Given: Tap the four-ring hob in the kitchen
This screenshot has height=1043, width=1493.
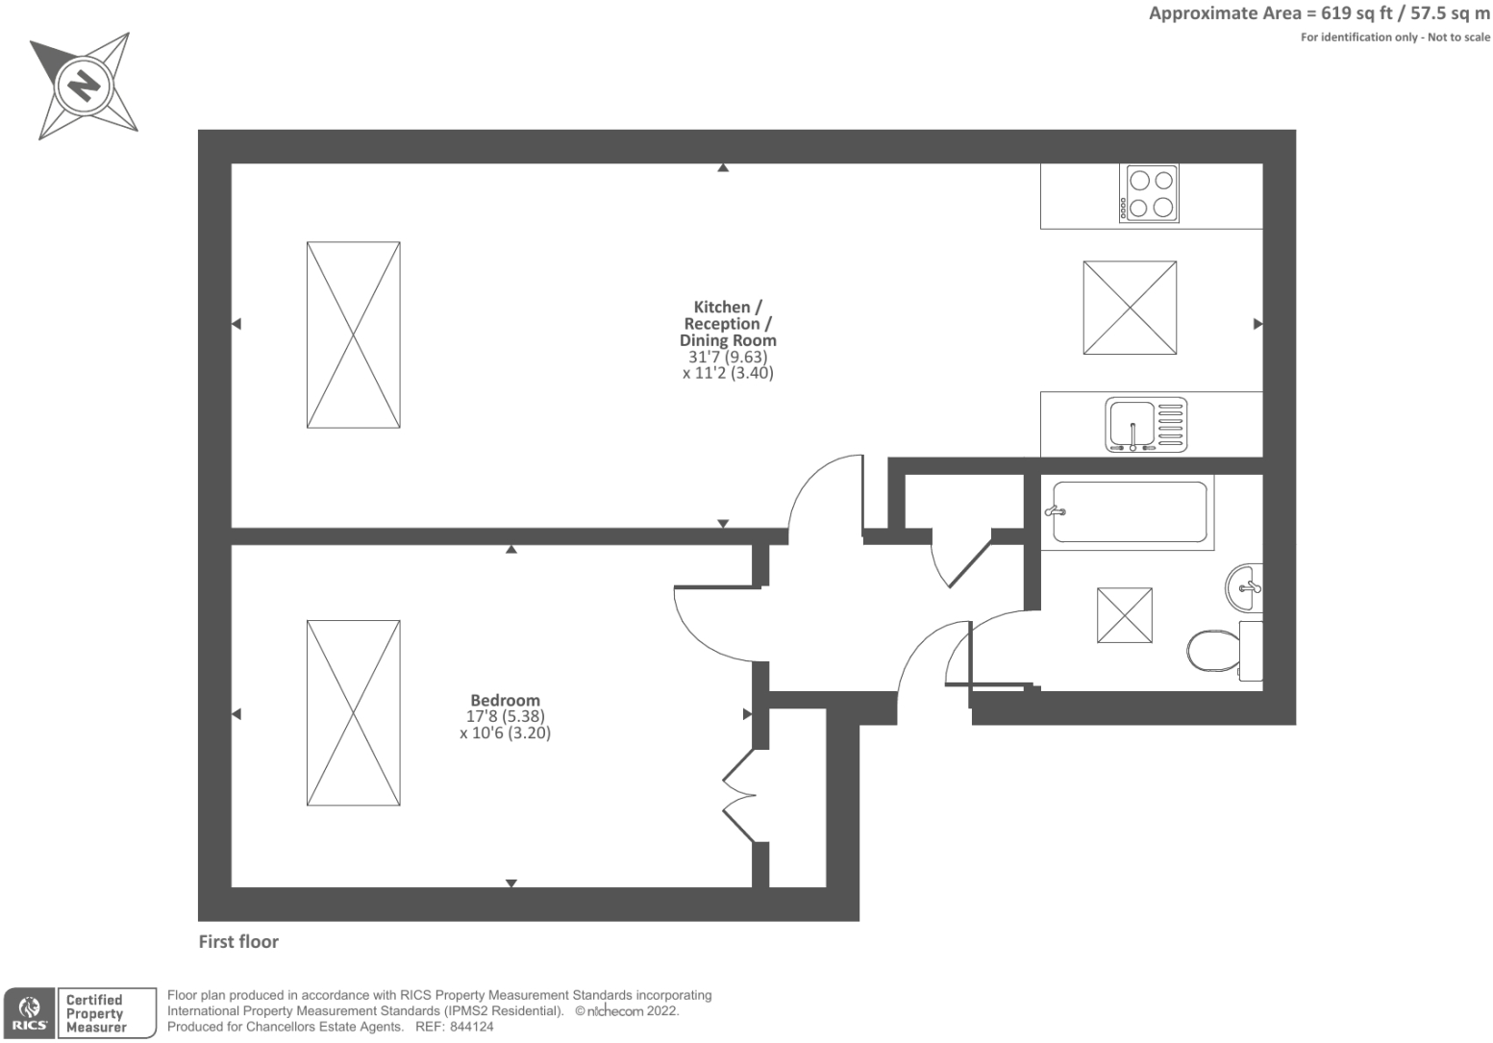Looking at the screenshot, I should pos(1149,194).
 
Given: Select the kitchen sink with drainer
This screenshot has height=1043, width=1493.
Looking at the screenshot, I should pos(1146,424).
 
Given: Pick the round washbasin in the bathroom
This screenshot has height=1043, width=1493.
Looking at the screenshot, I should pos(1244,585).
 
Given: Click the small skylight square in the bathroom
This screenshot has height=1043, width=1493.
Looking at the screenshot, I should pos(1124,615).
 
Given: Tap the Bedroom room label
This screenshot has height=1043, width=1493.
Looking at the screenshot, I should pos(505,700).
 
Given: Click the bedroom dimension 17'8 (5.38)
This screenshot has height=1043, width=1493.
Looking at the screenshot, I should pos(506,716).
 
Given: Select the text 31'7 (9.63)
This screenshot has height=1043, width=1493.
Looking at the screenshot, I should pos(728,357).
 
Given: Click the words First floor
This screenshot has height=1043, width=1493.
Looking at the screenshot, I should pos(238,942).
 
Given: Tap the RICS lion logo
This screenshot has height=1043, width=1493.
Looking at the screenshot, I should pos(29,1013).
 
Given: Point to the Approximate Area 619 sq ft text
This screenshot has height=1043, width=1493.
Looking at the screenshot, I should pos(1319,13).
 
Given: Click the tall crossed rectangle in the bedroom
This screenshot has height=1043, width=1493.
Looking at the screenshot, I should pos(353,713).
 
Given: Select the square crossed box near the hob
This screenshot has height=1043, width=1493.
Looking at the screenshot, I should pos(1130,308).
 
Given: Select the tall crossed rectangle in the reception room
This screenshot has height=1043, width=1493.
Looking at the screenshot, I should pos(353,335).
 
